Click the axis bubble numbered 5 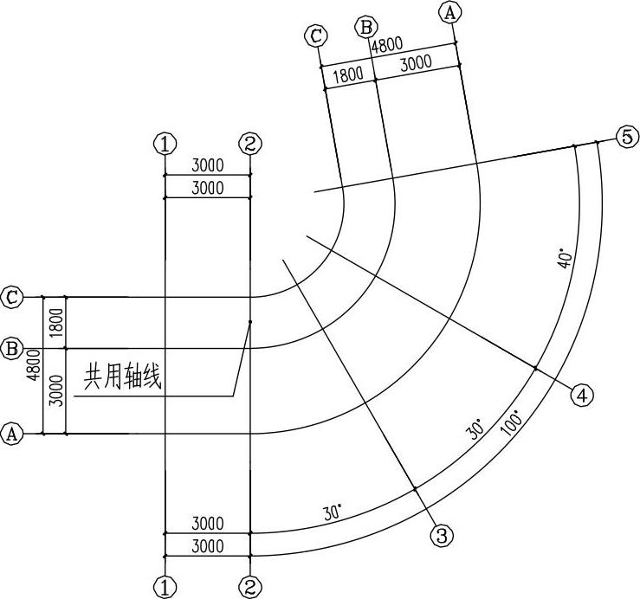tap(627, 137)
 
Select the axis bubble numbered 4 tap(582, 396)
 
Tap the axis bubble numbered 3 tap(443, 536)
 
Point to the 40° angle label tap(564, 258)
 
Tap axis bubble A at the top tap(449, 12)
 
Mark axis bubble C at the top tap(316, 35)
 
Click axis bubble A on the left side tap(12, 434)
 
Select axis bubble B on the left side tap(12, 349)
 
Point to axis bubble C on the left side tap(12, 296)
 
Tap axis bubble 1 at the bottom tap(165, 589)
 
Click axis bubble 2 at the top tap(249, 143)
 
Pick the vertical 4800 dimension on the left tap(33, 365)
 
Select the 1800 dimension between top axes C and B tap(348, 74)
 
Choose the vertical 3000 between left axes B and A tap(55, 390)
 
